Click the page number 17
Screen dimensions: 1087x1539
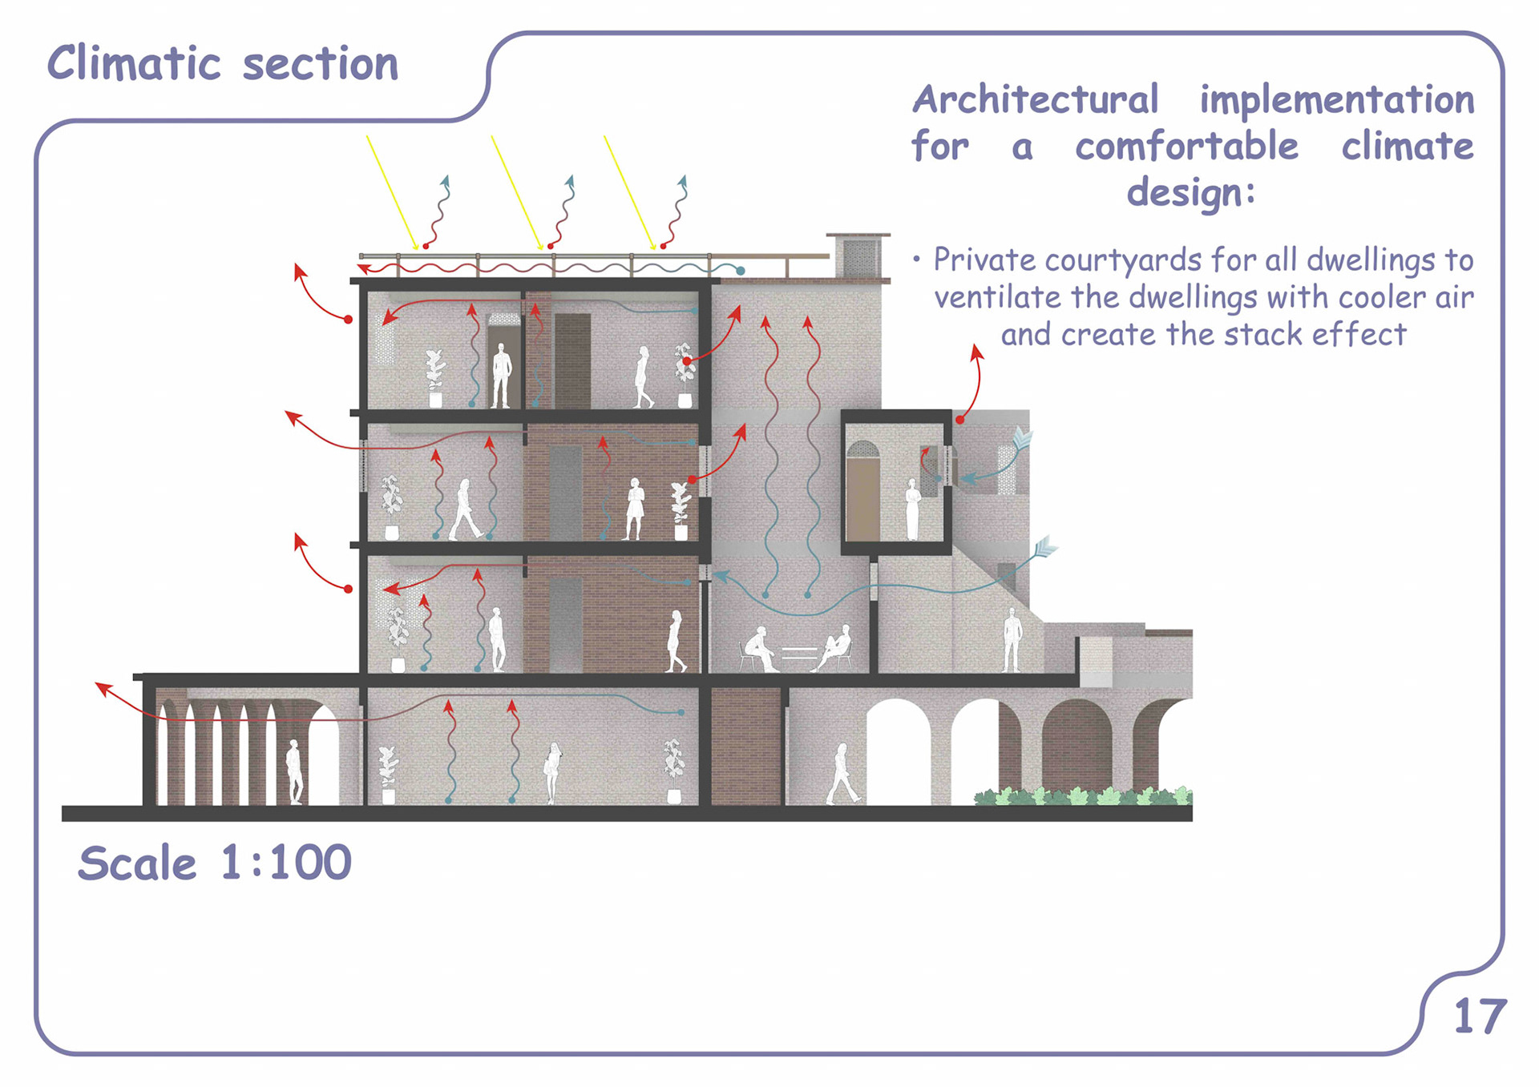click(1480, 1017)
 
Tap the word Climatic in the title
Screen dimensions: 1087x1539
click(133, 63)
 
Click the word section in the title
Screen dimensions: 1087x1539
click(320, 64)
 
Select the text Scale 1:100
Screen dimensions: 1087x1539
click(215, 863)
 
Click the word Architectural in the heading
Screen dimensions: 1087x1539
click(1035, 100)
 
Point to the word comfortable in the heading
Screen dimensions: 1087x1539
click(1186, 147)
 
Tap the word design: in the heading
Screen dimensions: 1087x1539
click(1190, 193)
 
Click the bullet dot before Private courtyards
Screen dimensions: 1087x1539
click(916, 260)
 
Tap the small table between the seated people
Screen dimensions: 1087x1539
click(799, 652)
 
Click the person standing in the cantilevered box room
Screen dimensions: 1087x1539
click(911, 509)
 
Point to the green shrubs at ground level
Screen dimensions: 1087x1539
click(1082, 796)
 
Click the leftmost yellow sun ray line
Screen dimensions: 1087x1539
click(392, 192)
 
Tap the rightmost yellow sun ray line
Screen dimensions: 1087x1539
click(629, 192)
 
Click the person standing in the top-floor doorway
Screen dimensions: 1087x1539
click(502, 375)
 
